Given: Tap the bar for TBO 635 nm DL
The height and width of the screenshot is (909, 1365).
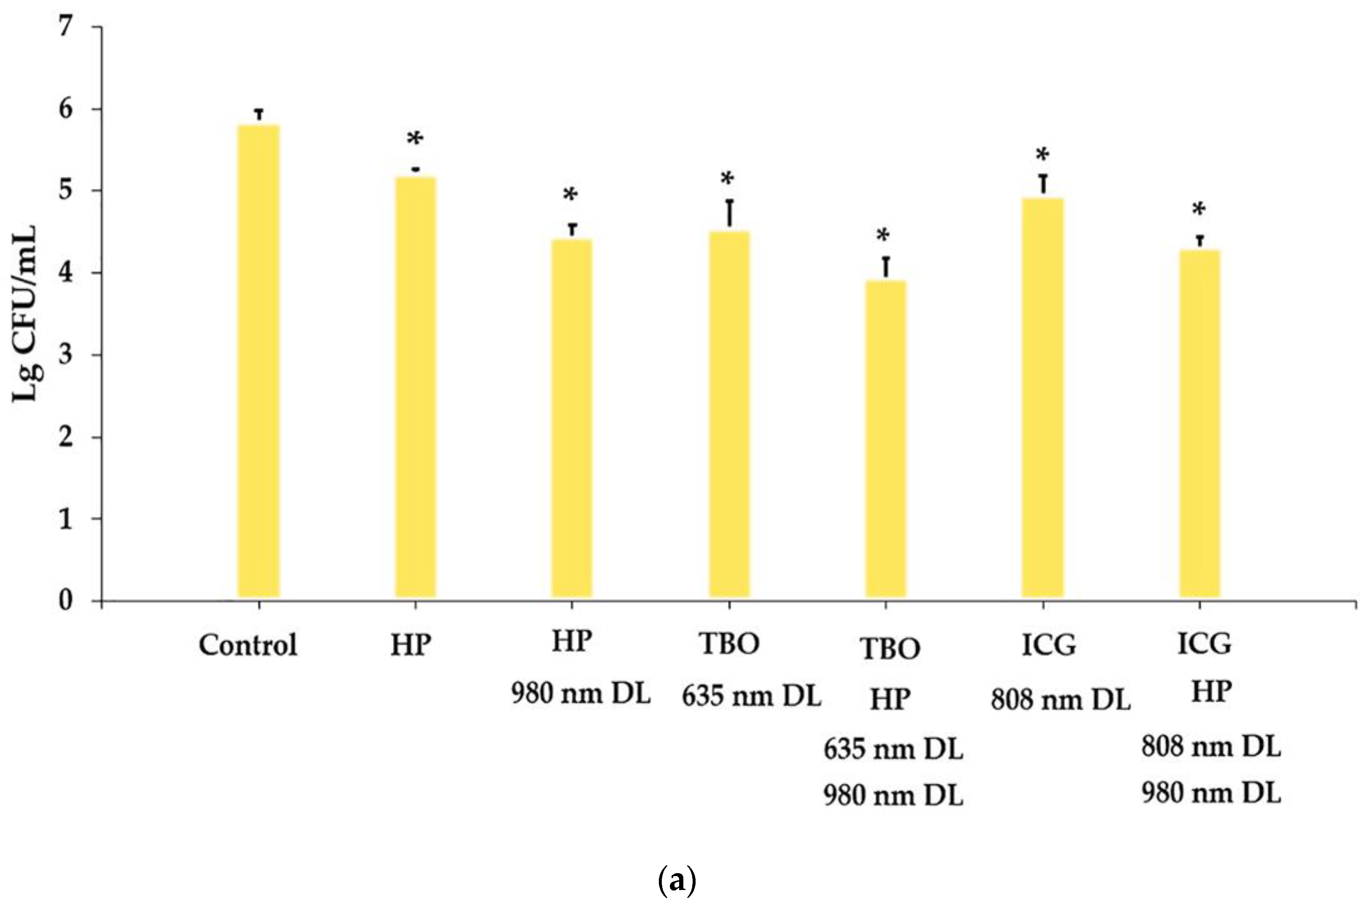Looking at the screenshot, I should [x=729, y=414].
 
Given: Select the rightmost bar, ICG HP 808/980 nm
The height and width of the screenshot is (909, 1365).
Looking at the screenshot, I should [x=1200, y=423].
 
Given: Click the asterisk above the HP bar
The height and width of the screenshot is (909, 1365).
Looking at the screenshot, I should [x=415, y=140].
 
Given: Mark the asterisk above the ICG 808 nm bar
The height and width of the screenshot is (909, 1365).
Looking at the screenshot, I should [x=1043, y=155].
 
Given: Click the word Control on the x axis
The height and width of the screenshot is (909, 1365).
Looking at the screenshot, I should [x=248, y=645].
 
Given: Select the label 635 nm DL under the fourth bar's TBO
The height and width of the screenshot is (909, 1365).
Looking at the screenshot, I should [x=751, y=695].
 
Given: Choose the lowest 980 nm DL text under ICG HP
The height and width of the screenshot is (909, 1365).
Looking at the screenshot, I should [x=1211, y=793].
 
